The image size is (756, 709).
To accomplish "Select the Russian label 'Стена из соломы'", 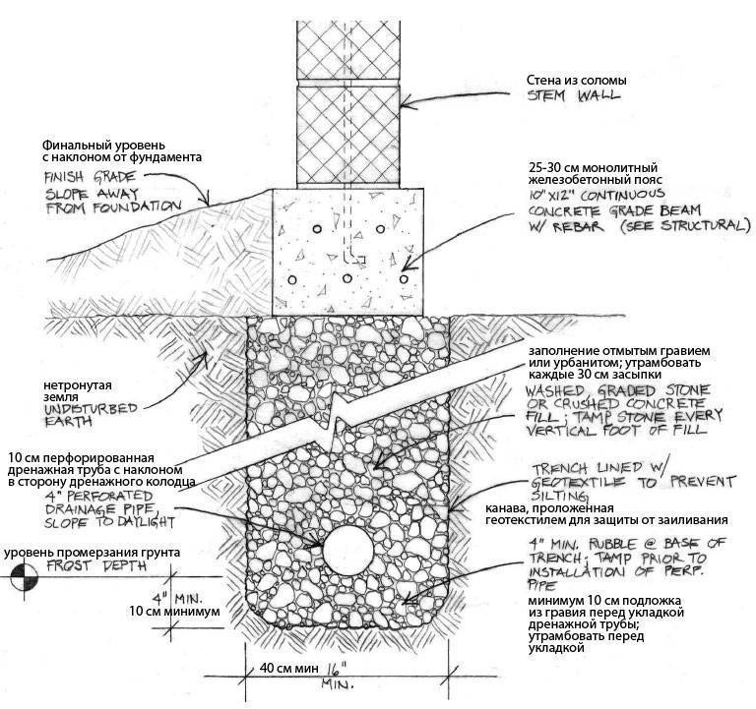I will coord(575,80).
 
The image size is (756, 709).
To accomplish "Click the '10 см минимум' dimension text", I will coord(174,611).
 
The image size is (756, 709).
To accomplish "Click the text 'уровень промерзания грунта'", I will coord(94,553).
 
